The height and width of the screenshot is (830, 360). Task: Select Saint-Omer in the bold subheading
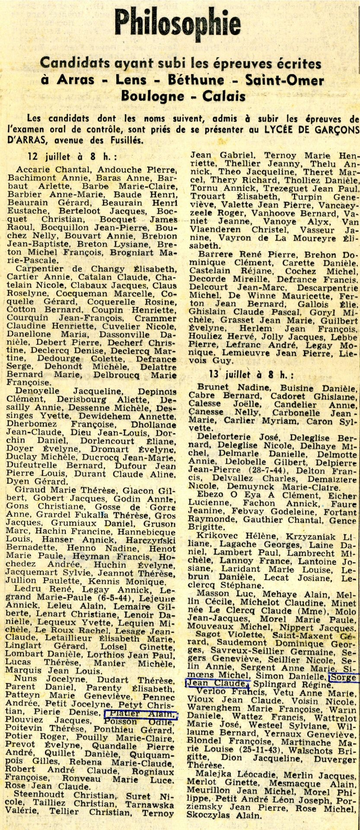coord(284,80)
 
